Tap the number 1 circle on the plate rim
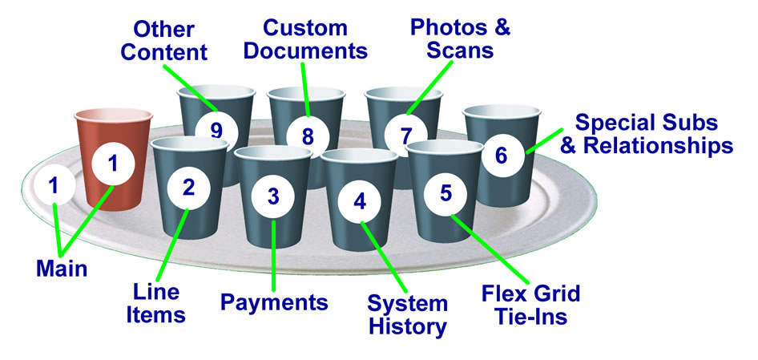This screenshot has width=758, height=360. click(54, 186)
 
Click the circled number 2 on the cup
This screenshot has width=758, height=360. click(189, 188)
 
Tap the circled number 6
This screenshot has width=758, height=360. click(502, 155)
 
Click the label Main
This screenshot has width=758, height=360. click(62, 269)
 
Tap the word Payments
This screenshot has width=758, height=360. click(274, 302)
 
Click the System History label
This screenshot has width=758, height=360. click(407, 314)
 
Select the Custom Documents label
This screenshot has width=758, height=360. click(305, 39)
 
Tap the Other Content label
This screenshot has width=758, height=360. click(170, 42)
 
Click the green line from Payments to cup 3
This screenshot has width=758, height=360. click(274, 257)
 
